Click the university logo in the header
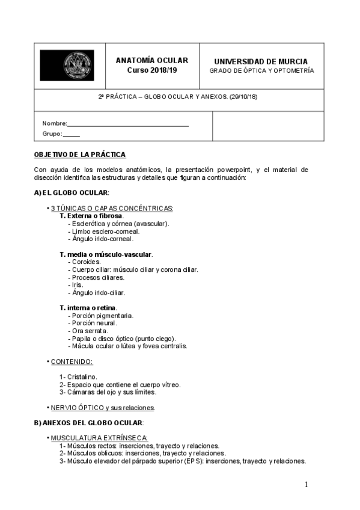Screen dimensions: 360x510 click(66, 66)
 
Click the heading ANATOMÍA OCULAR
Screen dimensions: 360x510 click(151, 61)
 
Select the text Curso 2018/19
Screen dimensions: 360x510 click(151, 70)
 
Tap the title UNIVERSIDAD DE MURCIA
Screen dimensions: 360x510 click(261, 61)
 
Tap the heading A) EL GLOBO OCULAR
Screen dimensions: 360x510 click(71, 192)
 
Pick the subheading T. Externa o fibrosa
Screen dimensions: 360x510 click(91, 215)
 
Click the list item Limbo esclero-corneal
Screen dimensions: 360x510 click(105, 231)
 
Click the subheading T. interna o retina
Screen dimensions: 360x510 click(88, 308)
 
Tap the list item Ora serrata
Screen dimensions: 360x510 click(90, 331)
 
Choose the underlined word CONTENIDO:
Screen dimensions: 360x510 click(72, 361)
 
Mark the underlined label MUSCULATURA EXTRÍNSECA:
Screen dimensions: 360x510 click(99, 438)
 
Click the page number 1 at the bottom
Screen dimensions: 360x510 click(306, 485)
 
